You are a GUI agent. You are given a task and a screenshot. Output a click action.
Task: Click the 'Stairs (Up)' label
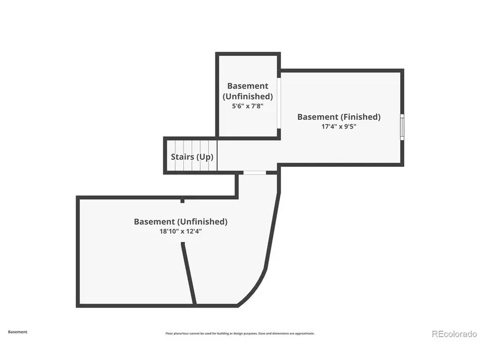[x=191, y=157]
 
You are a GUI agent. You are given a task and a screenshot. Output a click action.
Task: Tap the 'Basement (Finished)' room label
[x=339, y=117]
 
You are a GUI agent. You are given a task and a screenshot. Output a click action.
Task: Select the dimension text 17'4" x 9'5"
[x=339, y=126]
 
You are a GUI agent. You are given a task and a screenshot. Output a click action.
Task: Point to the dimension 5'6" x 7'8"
[x=247, y=106]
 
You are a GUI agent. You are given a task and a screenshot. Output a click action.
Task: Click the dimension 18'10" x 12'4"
[x=180, y=231]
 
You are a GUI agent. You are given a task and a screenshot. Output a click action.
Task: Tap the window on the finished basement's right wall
[x=402, y=127]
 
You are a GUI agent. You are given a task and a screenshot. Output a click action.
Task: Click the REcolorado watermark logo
[x=454, y=334]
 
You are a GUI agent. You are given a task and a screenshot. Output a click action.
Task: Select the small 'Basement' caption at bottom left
[x=17, y=332]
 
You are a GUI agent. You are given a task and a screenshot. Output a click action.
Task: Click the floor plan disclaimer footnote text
[x=240, y=333]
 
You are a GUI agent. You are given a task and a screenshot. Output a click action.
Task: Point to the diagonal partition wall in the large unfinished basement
[x=189, y=273]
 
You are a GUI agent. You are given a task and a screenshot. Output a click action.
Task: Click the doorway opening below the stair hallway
[x=254, y=172]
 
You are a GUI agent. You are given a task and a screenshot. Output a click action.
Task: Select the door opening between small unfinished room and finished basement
[x=279, y=103]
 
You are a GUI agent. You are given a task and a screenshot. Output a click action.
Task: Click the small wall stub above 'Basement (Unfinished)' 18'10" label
[x=182, y=201]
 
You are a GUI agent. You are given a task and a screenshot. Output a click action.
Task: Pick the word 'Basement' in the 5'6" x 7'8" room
[x=248, y=85]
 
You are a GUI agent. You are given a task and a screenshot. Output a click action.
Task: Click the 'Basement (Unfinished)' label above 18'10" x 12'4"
[x=180, y=222]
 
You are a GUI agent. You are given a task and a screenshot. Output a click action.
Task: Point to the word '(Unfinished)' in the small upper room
[x=248, y=96]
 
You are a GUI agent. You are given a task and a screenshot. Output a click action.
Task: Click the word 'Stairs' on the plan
[x=182, y=157]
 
